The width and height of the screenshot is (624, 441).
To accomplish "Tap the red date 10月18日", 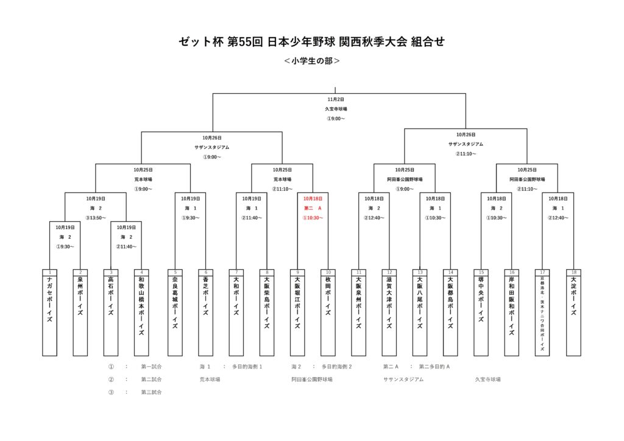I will click(x=313, y=199).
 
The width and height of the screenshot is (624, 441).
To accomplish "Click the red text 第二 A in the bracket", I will click(x=313, y=208).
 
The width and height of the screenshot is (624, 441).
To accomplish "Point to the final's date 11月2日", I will click(x=335, y=99).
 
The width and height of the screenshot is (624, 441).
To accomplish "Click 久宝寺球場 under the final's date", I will click(x=335, y=109).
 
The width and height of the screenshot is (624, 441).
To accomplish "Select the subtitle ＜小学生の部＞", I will click(x=312, y=61).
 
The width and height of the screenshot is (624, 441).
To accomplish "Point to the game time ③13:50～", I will click(x=96, y=218).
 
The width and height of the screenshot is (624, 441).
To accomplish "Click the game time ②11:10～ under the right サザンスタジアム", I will click(x=466, y=154).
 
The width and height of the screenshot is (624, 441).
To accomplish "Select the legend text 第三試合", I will click(x=151, y=392).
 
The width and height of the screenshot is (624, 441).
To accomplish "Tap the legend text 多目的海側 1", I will click(x=247, y=367).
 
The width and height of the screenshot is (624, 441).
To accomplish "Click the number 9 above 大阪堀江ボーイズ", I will click(x=297, y=272).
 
